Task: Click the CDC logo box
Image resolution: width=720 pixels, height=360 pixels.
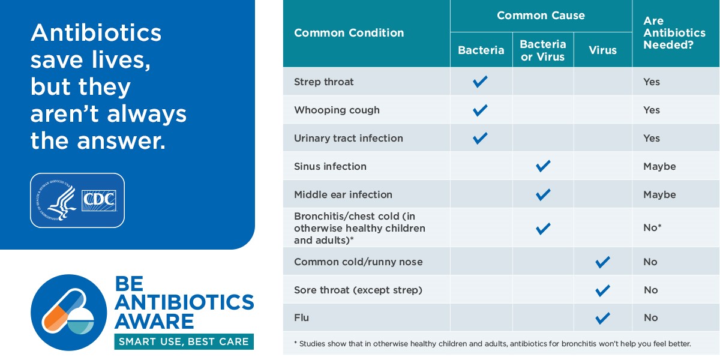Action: tap(98, 200)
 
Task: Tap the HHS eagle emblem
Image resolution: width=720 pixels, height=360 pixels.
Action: tap(57, 200)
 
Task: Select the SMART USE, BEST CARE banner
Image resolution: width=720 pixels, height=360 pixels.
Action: tap(184, 341)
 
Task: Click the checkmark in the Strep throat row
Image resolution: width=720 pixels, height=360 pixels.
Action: tap(480, 82)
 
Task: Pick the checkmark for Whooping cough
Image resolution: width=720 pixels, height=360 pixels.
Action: tap(480, 110)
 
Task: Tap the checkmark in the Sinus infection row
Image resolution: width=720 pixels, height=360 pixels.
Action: tap(543, 166)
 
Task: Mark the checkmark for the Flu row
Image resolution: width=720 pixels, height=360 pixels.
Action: tap(602, 318)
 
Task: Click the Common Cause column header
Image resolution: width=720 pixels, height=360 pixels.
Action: tap(541, 16)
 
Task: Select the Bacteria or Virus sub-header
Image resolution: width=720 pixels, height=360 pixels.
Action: tap(543, 50)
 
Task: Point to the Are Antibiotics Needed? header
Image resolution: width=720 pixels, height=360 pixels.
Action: tap(674, 33)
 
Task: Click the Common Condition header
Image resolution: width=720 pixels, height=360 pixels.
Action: tap(349, 33)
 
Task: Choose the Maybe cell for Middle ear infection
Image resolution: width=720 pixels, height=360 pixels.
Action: tap(659, 194)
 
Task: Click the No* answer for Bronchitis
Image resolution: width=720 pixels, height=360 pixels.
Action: tap(652, 227)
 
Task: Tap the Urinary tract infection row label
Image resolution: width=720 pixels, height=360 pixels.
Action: tap(349, 138)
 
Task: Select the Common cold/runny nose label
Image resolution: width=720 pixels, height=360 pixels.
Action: tap(358, 262)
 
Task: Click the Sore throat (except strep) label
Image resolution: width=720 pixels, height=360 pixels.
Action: tap(358, 290)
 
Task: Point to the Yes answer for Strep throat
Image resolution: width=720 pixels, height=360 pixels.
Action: tap(652, 82)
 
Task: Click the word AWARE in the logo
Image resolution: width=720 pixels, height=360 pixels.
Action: tap(154, 321)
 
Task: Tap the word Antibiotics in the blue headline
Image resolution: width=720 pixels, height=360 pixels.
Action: tap(96, 33)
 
